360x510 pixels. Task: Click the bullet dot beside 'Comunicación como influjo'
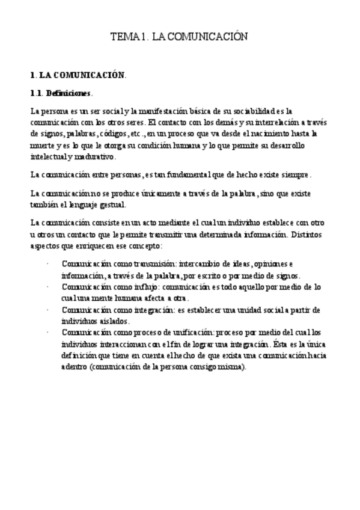[47, 287]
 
